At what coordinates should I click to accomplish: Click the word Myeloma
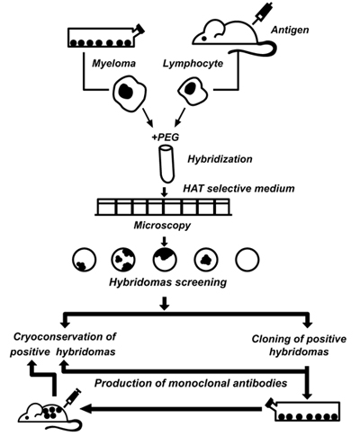point(113,64)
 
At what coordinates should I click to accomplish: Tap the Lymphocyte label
point(193,64)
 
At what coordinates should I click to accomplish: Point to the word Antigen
point(290,30)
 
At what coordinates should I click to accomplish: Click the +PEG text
point(166,137)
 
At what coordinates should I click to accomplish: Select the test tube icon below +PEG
point(166,164)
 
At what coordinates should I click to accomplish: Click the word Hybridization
point(220,159)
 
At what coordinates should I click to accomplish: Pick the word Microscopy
point(162,225)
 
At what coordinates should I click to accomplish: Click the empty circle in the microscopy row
point(247,260)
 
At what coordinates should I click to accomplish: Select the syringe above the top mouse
point(263,13)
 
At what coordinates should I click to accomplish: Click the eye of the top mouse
point(203,39)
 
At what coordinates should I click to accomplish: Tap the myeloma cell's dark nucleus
point(125,92)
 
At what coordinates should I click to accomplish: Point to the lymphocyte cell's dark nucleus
point(191,88)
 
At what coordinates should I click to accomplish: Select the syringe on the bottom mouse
point(72,397)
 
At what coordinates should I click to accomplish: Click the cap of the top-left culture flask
point(139,29)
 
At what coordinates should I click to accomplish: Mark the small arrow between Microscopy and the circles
point(165,242)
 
